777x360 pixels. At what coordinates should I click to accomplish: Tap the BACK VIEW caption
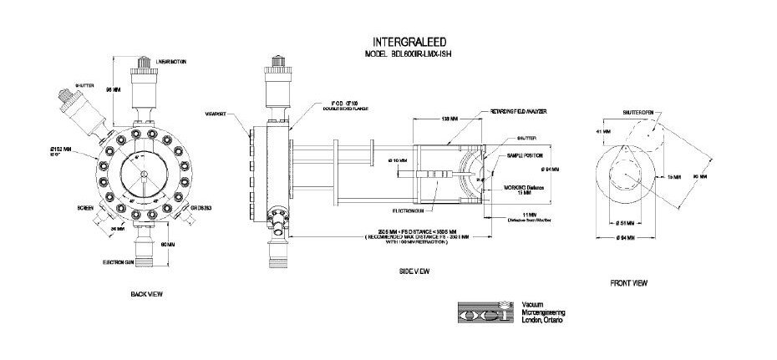click(x=146, y=295)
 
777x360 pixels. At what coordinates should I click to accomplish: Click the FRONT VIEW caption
click(x=630, y=284)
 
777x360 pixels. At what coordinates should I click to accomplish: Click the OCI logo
click(x=485, y=312)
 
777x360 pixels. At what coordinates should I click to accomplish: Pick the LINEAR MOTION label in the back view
click(x=178, y=62)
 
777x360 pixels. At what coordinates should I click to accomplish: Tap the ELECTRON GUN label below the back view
click(x=125, y=262)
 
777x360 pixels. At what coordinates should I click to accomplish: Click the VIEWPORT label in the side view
click(x=217, y=114)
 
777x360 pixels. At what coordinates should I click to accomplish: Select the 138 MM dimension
click(x=449, y=119)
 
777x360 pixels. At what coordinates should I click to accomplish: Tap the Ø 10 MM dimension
click(x=398, y=160)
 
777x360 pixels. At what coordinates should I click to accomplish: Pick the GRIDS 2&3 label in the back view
click(x=201, y=208)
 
